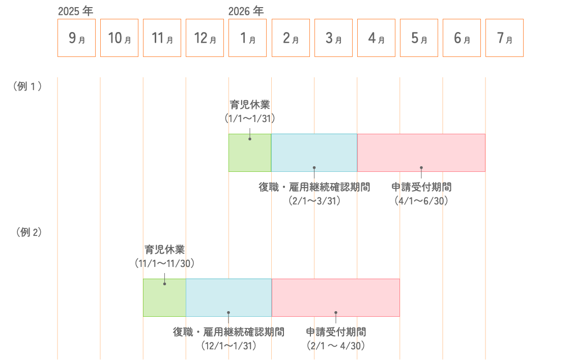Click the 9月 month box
click(x=76, y=38)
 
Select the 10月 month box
click(x=119, y=38)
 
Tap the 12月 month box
click(x=205, y=38)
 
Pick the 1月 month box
click(x=247, y=38)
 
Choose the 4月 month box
click(x=376, y=38)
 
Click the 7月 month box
click(x=504, y=38)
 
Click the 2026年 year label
click(x=246, y=11)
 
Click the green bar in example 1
click(x=250, y=153)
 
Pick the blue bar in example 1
click(x=314, y=153)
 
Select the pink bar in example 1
click(x=421, y=153)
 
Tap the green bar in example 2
click(x=164, y=297)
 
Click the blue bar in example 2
click(x=228, y=297)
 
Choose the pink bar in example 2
click(x=335, y=297)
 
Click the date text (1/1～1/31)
click(x=249, y=118)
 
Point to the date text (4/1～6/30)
click(x=421, y=201)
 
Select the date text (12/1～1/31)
click(x=228, y=346)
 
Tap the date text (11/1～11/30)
click(x=164, y=263)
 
